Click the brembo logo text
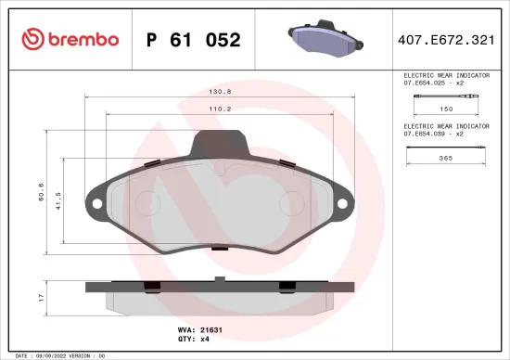(x=70, y=39)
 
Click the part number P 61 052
(x=194, y=40)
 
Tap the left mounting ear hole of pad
(x=94, y=200)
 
